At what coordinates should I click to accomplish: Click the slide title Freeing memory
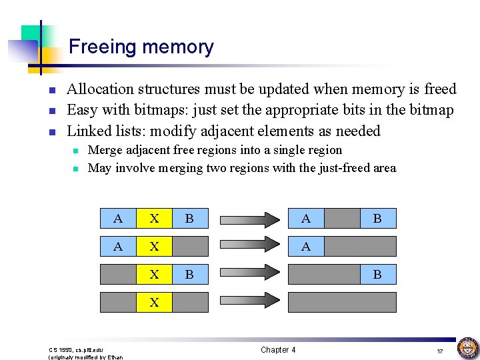click(x=141, y=47)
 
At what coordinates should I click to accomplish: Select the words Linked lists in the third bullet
click(x=101, y=131)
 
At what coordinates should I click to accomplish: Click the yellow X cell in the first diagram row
click(x=154, y=218)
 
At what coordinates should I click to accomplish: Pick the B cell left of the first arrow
click(x=190, y=218)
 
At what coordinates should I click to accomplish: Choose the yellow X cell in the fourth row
click(x=154, y=302)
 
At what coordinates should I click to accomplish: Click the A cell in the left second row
click(x=118, y=246)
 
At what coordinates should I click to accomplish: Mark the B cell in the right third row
click(x=377, y=274)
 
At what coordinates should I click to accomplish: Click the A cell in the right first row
click(x=305, y=218)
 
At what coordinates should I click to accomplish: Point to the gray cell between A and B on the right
click(x=341, y=218)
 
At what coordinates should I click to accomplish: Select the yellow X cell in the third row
click(x=154, y=274)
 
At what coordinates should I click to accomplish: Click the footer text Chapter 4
click(x=278, y=350)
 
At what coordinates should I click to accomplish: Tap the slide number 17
click(x=440, y=351)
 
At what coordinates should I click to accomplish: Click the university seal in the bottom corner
click(x=467, y=347)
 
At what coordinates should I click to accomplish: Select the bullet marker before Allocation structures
click(x=52, y=90)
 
